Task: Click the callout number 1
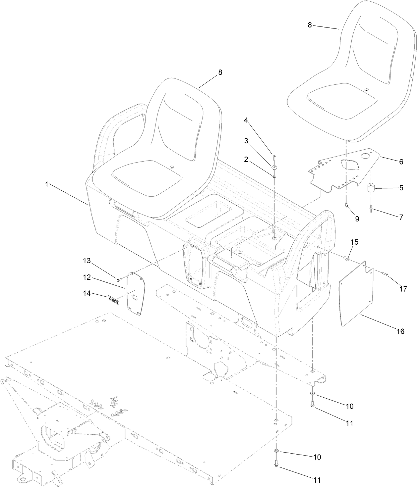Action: (47, 184)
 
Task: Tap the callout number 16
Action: (400, 331)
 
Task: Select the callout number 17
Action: (403, 289)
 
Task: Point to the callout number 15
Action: (354, 242)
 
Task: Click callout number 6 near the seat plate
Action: (401, 162)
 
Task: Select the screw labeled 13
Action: (118, 280)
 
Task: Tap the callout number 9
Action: (357, 219)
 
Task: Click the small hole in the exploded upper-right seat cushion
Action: (366, 89)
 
